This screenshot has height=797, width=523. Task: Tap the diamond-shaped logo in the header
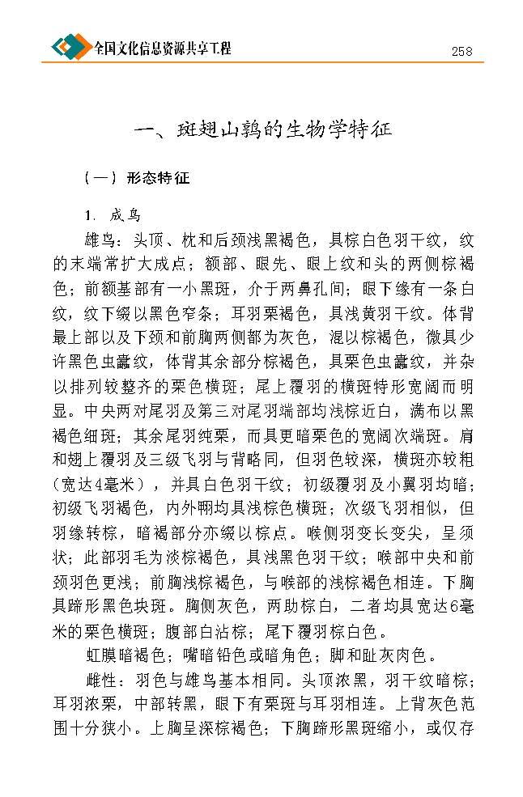pyautogui.click(x=71, y=47)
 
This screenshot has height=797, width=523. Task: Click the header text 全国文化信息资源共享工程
pyautogui.click(x=162, y=49)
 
